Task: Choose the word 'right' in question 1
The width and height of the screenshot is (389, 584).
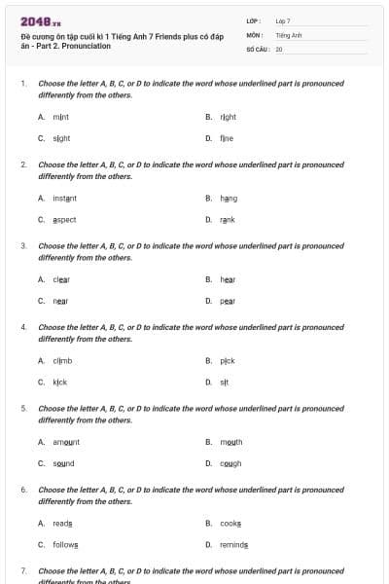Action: pos(228,117)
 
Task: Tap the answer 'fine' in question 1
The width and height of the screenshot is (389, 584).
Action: pos(226,138)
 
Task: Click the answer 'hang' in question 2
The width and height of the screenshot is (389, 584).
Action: pos(229,198)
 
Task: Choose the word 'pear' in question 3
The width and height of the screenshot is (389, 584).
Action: pos(228,301)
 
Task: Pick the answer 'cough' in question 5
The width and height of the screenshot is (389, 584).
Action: pos(230,463)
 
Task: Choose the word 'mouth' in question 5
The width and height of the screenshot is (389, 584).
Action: pos(230,442)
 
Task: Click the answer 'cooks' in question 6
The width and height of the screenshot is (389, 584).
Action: pos(230,523)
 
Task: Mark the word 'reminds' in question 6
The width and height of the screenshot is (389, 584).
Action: pos(233,544)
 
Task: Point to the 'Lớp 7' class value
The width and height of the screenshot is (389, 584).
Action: pos(283,20)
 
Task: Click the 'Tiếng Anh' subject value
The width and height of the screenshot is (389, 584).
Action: pos(289,34)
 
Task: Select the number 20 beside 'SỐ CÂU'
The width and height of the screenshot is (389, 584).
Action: pos(279,48)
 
